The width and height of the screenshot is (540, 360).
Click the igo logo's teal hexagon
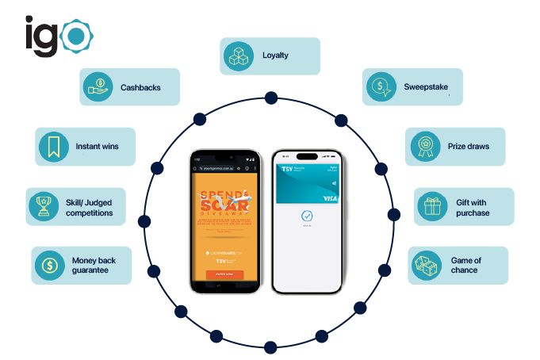pos(76,36)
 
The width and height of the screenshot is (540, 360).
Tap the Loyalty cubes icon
pos(238,56)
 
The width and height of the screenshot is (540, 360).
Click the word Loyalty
pos(275,56)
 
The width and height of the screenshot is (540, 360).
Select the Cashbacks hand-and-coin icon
pos(99,86)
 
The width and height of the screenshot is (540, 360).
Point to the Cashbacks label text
pos(140,87)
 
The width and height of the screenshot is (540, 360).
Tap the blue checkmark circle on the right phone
pos(307,216)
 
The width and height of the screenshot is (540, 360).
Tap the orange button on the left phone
pos(220,274)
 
